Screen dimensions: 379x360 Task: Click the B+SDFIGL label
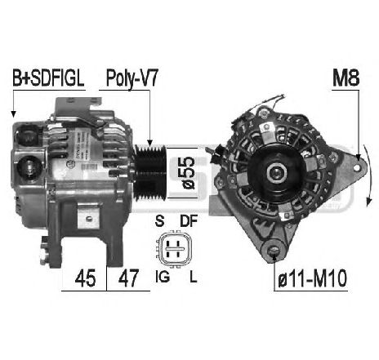(48, 78)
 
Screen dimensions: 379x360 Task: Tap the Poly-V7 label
(132, 78)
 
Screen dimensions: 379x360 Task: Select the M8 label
(346, 78)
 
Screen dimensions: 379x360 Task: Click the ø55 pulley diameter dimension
(189, 173)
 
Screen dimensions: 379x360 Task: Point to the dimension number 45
(85, 278)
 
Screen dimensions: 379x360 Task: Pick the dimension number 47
(128, 278)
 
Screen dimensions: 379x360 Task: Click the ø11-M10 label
(312, 278)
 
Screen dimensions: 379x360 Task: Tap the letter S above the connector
(159, 220)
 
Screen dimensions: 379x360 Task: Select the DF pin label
(189, 220)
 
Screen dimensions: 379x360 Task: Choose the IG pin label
(163, 277)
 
